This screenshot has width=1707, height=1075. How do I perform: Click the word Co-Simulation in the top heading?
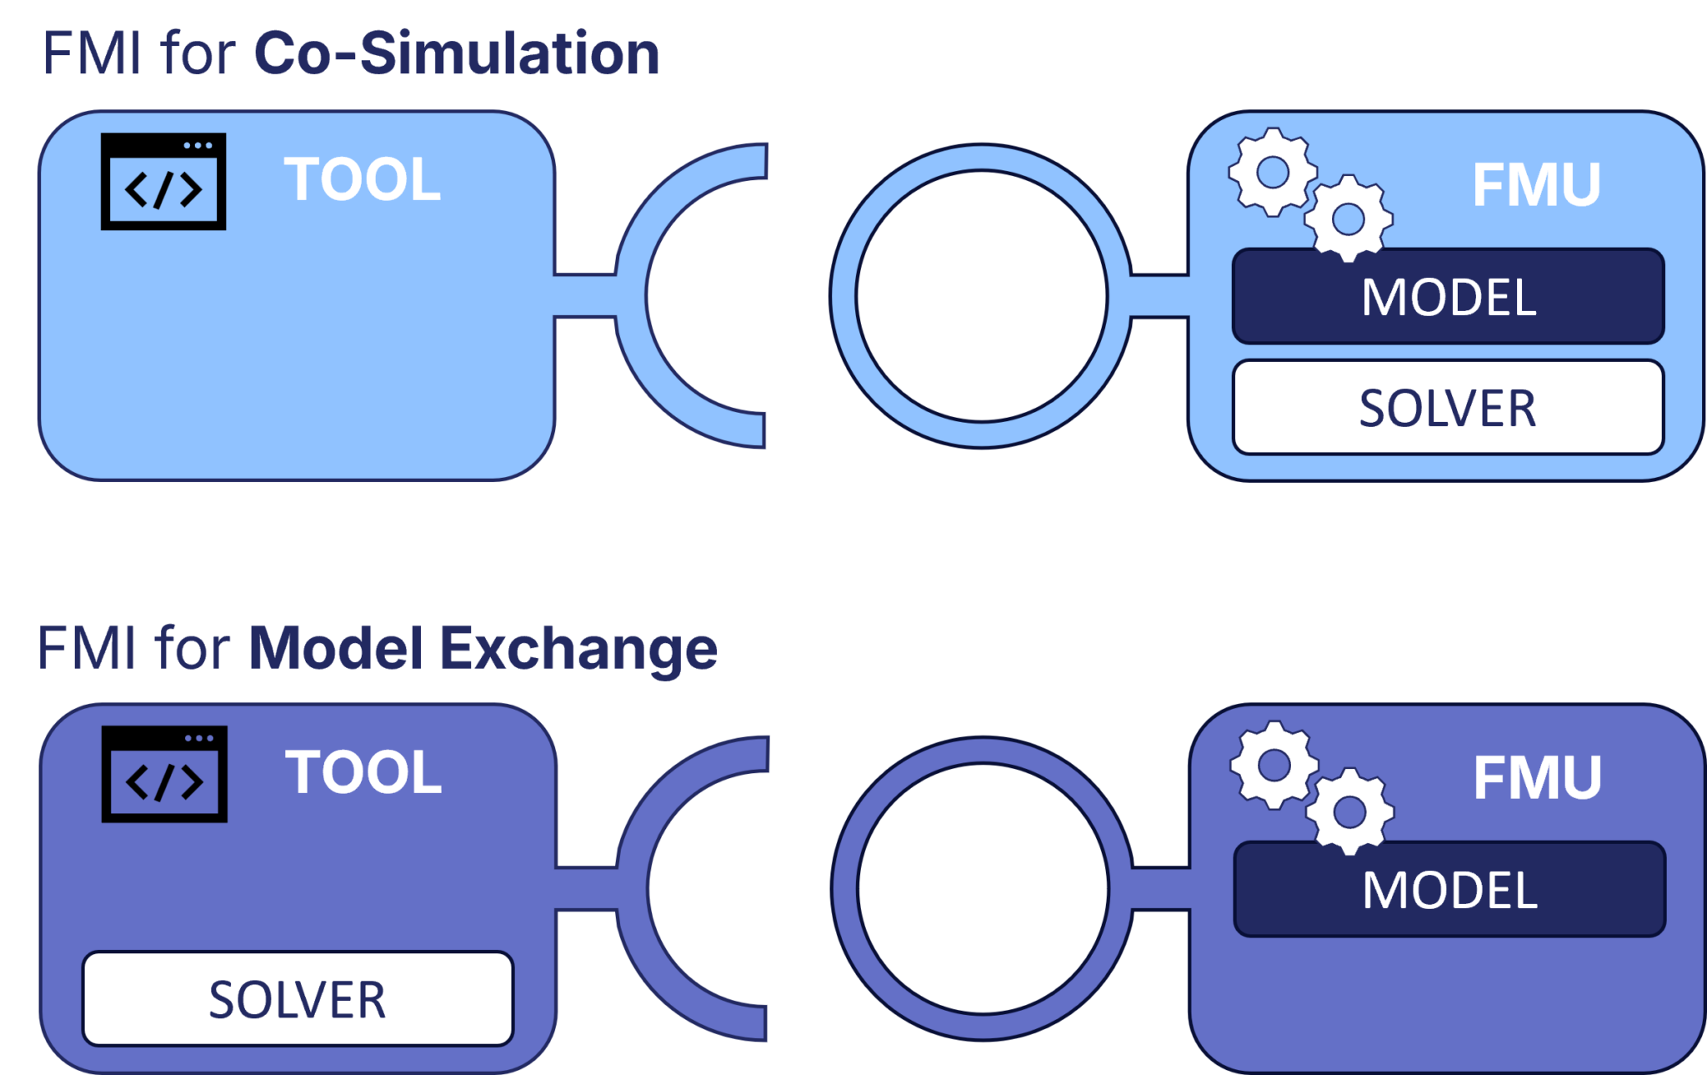456,53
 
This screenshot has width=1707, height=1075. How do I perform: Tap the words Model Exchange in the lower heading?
483,648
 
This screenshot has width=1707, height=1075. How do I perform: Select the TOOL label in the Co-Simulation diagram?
362,179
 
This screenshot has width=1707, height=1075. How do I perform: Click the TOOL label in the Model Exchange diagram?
363,772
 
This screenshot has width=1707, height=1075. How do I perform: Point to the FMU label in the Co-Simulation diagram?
1536,184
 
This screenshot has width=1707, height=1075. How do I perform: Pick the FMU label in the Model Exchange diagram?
1537,777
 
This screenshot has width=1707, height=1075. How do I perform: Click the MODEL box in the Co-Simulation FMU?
1448,297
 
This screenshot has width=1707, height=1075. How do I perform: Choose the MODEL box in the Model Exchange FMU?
1449,890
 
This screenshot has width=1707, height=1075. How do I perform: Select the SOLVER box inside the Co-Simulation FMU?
1448,408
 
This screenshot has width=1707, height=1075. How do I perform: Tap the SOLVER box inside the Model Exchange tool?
298,999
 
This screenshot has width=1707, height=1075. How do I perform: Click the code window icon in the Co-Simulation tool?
163,181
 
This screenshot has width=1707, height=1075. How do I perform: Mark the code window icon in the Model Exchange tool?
164,774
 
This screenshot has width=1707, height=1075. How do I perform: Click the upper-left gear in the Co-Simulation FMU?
1272,173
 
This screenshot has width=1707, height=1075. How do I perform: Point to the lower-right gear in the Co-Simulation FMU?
1348,219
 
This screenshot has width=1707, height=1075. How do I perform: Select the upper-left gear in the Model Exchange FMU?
1274,765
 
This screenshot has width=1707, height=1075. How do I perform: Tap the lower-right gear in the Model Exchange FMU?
1349,811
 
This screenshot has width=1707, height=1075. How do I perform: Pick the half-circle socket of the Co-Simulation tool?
631,296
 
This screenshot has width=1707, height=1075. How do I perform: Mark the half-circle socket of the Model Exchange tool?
632,889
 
